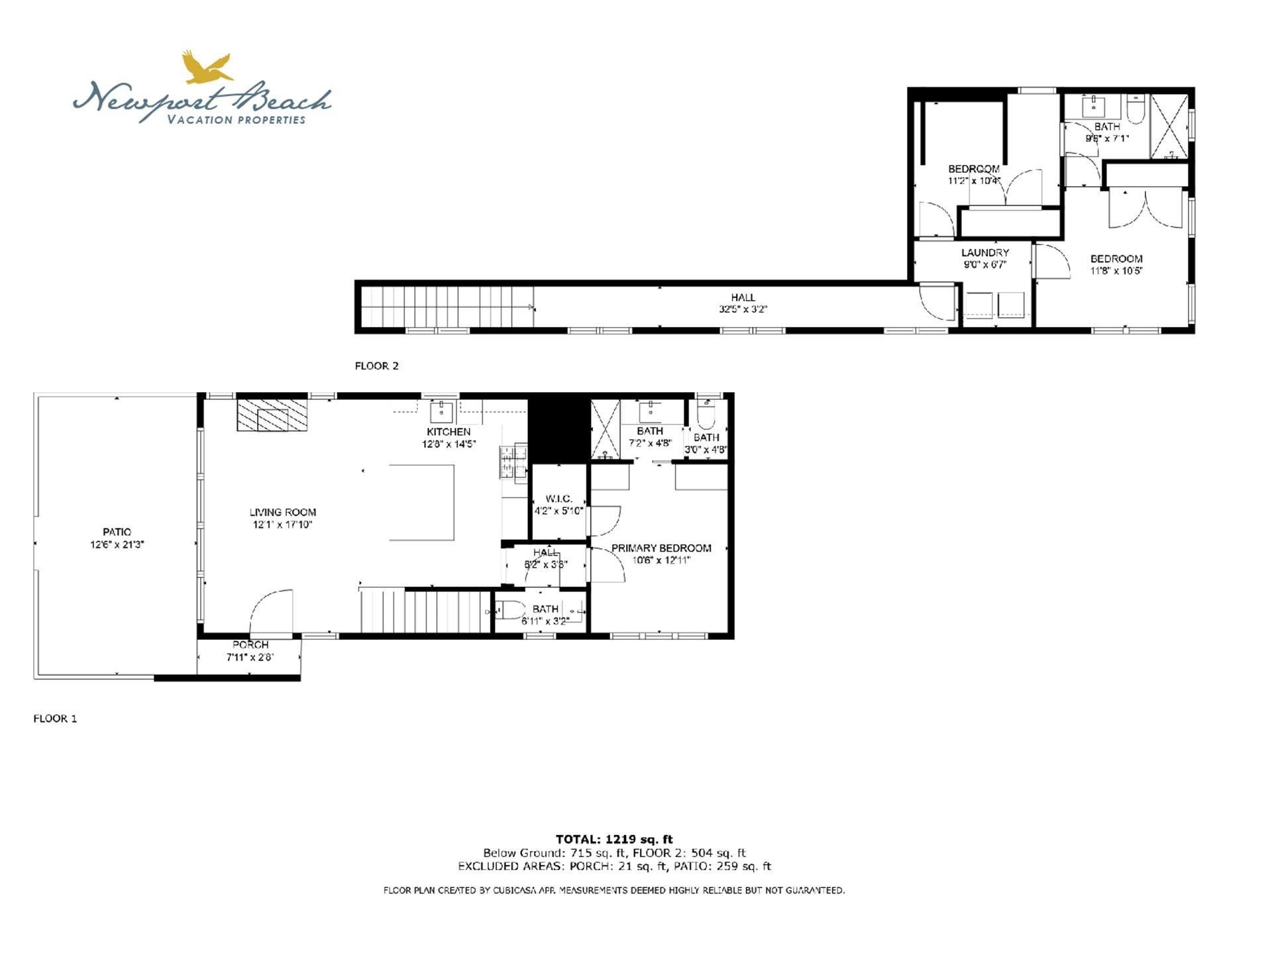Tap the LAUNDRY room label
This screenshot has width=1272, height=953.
(985, 253)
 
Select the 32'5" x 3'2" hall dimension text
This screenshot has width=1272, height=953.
(743, 309)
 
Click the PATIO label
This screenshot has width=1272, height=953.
(117, 532)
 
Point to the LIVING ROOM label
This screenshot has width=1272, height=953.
(282, 512)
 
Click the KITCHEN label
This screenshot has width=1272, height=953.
(449, 432)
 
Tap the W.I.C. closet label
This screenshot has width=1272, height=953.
(558, 499)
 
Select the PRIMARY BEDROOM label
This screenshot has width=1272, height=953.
(661, 548)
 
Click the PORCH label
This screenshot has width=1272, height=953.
(250, 645)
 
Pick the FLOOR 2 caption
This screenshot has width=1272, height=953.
(376, 366)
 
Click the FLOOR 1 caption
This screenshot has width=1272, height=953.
(55, 719)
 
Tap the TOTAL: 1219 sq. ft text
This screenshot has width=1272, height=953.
(613, 840)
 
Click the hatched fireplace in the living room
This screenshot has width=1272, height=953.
(272, 415)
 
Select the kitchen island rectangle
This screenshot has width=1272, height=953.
(421, 503)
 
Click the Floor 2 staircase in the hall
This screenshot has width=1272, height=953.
(448, 307)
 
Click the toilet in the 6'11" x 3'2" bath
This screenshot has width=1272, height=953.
(509, 610)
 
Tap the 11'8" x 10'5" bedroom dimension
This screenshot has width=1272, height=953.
(1116, 271)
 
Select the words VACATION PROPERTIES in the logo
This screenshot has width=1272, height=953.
(237, 120)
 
